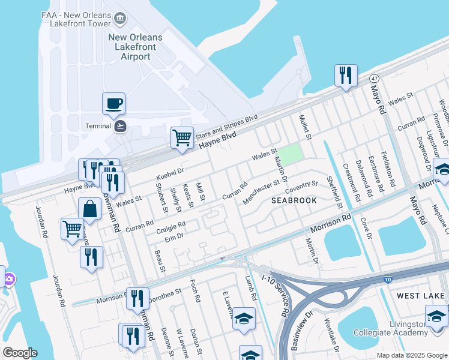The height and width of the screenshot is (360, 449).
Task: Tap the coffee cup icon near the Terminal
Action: click(x=113, y=104)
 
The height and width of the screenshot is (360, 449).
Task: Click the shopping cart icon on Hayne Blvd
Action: click(x=182, y=137)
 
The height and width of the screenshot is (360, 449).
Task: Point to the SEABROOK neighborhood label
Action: click(x=294, y=200)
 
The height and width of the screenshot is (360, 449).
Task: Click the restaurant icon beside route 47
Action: click(x=345, y=75)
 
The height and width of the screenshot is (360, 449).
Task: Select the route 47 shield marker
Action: click(x=374, y=79)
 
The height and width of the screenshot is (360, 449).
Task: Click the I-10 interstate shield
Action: click(x=388, y=279)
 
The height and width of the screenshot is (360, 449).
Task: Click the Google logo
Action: click(x=20, y=353)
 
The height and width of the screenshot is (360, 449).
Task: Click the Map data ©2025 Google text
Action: click(x=412, y=355)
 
